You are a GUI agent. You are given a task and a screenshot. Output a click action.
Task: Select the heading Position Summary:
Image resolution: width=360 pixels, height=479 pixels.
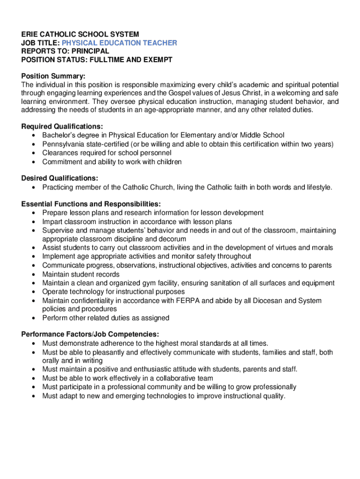click(53, 76)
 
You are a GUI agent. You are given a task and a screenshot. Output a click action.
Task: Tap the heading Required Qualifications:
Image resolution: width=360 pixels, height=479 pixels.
click(62, 126)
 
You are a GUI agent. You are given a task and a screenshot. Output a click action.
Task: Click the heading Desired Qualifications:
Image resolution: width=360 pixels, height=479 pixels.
click(60, 178)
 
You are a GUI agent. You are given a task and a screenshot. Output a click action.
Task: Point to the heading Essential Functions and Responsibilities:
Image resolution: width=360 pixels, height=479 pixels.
click(91, 204)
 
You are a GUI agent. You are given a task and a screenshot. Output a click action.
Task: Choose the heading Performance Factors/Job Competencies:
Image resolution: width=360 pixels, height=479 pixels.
click(90, 334)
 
